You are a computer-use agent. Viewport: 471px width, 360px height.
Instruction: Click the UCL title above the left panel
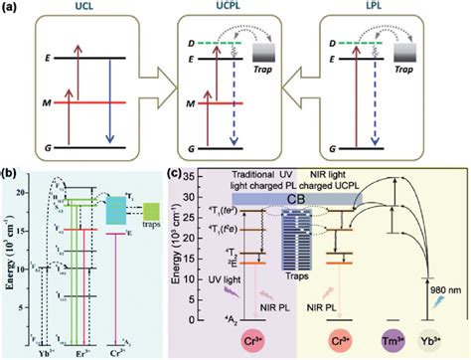pos(81,12)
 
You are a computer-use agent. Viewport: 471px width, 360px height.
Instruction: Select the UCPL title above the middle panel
pos(236,12)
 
